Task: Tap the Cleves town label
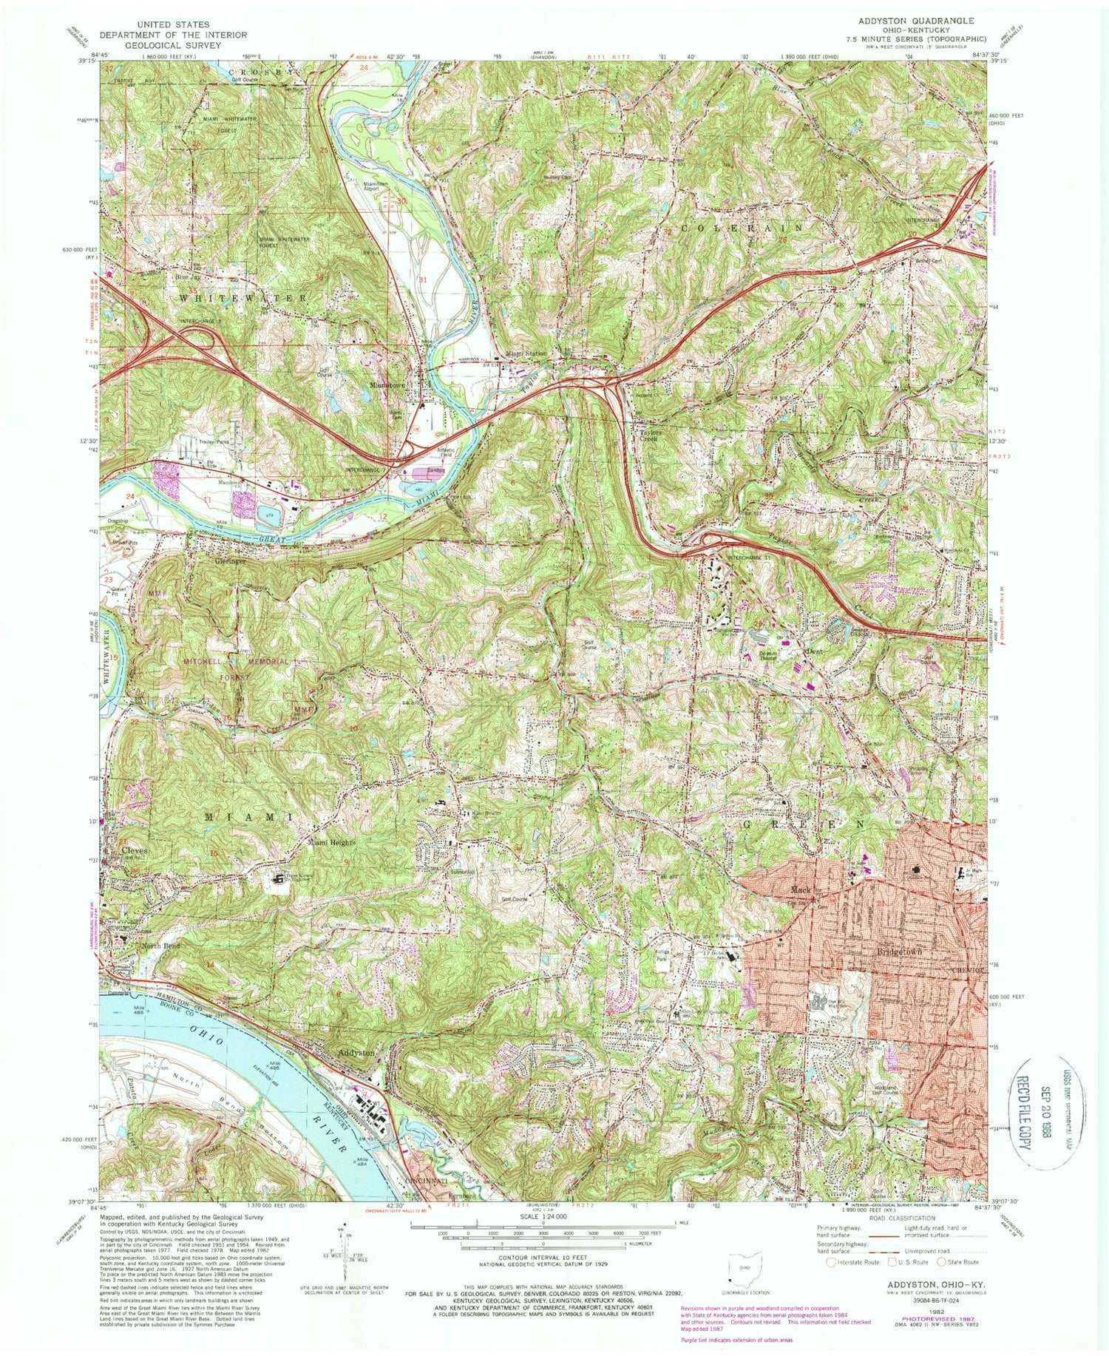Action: (x=134, y=850)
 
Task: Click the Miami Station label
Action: (x=526, y=354)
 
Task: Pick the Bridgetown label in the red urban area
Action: (x=899, y=952)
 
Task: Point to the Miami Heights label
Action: (x=332, y=843)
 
